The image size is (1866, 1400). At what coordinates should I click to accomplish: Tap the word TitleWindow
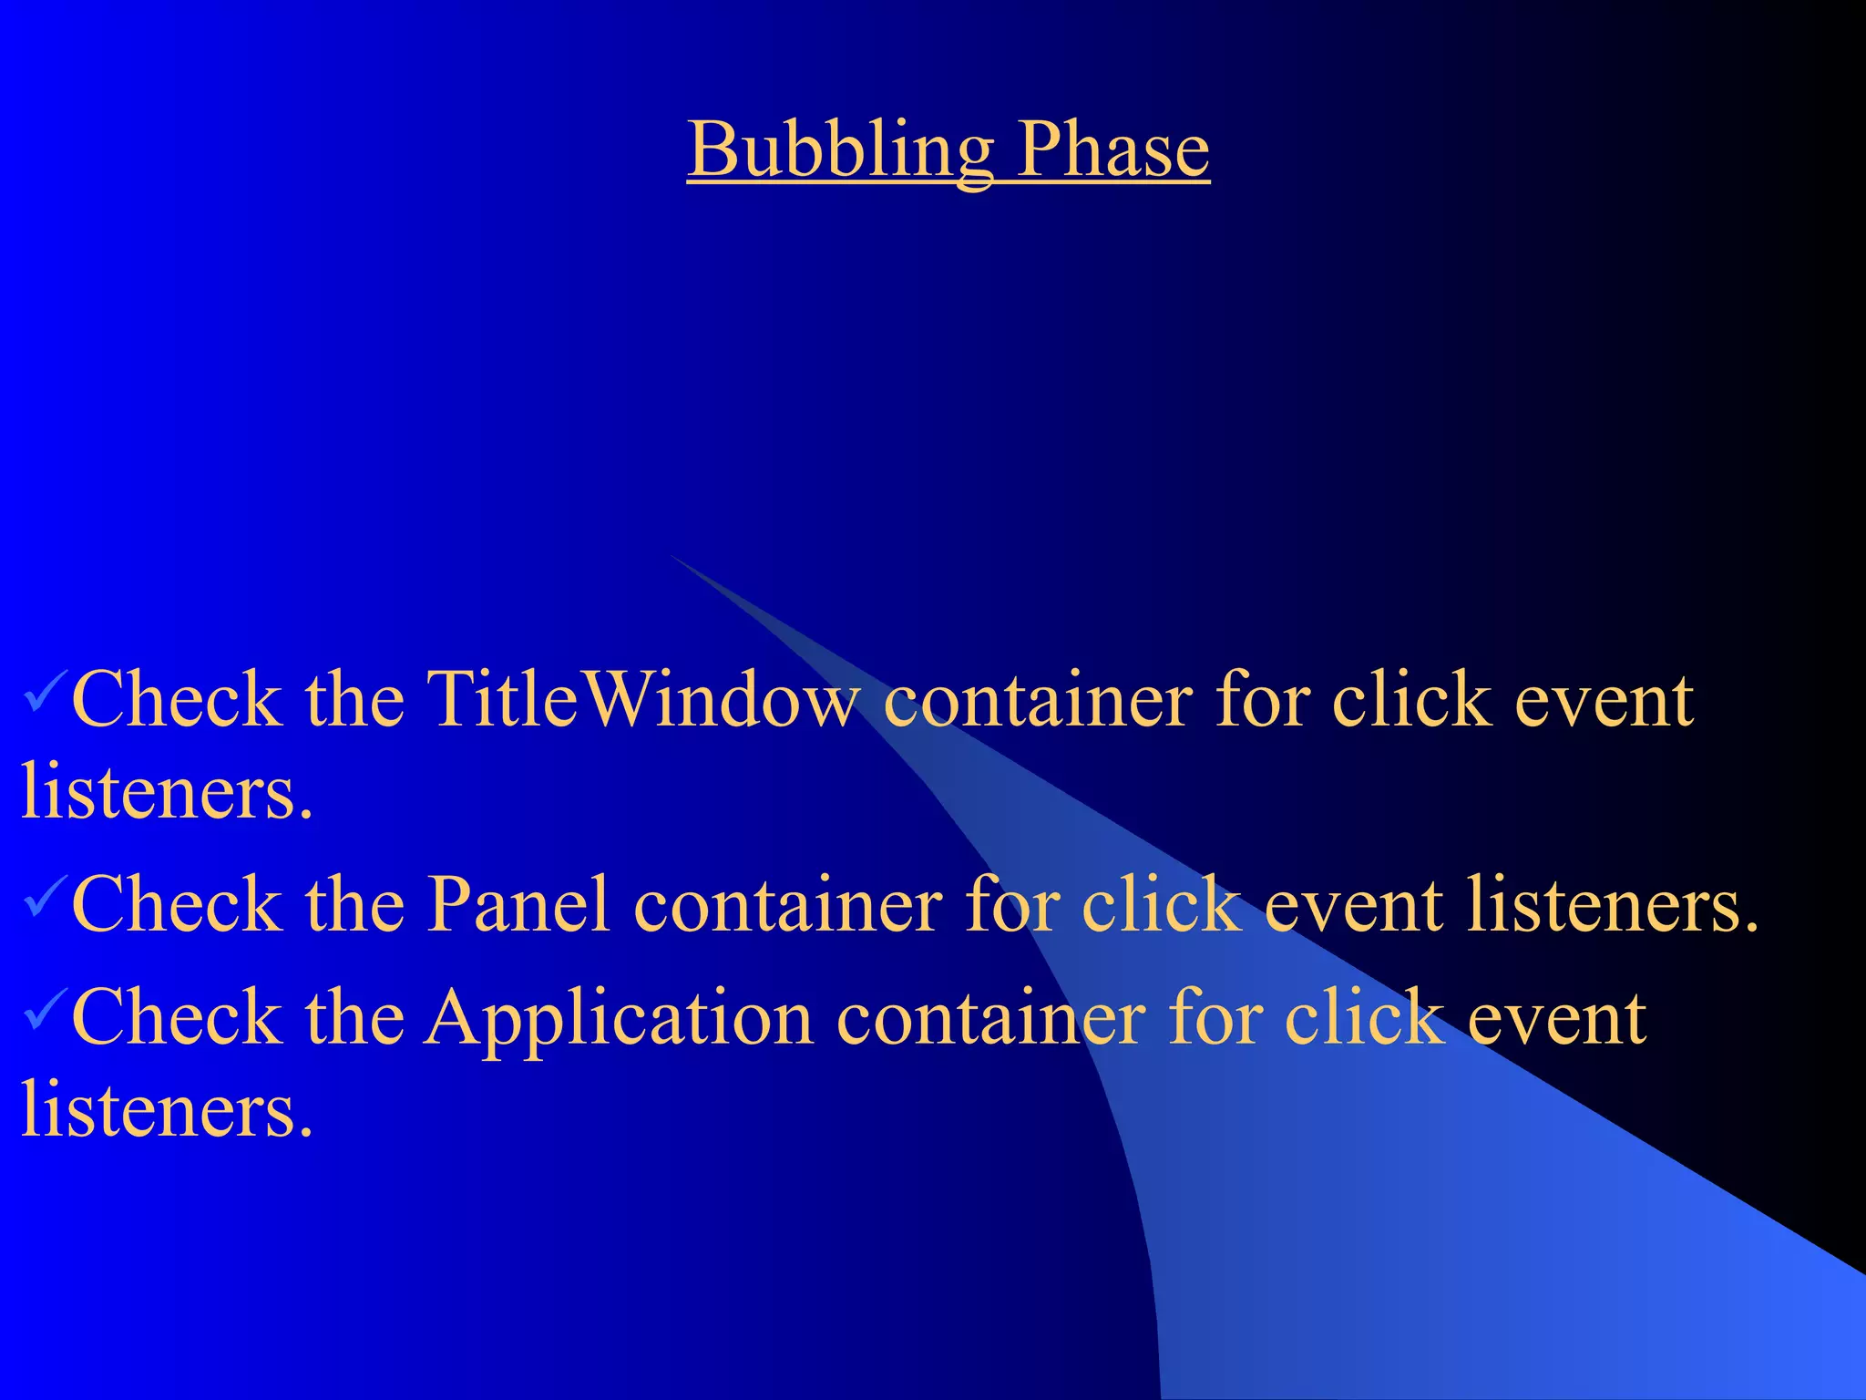pos(642,700)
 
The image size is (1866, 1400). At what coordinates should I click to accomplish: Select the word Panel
pos(518,905)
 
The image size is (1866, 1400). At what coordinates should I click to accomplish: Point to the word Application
pos(620,1019)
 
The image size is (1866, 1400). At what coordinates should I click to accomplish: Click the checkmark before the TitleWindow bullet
pos(44,692)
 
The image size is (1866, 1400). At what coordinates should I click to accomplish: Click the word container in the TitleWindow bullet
pos(1038,700)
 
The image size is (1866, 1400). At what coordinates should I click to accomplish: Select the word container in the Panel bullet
pos(787,905)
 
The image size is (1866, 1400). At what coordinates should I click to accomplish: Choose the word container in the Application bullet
pos(990,1019)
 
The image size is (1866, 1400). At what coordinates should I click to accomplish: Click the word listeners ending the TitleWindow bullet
pos(167,791)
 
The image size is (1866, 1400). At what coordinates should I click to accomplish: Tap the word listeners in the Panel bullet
pos(1611,905)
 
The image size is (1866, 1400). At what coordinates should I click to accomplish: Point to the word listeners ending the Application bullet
pos(167,1110)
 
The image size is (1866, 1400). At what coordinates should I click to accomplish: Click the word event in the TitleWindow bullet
pos(1604,700)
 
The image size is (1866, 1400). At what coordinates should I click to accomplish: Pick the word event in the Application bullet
pos(1556,1019)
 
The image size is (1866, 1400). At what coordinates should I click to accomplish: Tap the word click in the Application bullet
pos(1364,1019)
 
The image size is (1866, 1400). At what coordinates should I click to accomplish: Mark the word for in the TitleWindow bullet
pos(1262,700)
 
